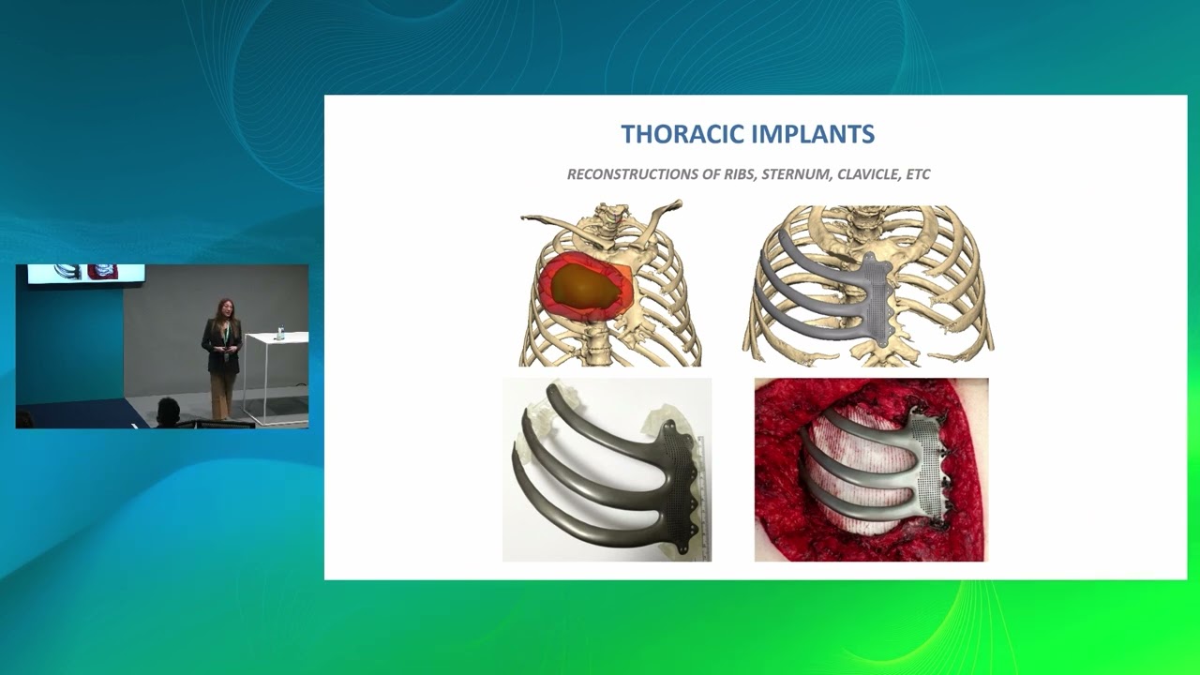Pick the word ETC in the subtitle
[x=918, y=174]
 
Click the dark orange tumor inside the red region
[x=583, y=285]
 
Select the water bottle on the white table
[x=279, y=331]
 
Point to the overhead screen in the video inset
[x=85, y=273]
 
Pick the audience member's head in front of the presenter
[x=168, y=410]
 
